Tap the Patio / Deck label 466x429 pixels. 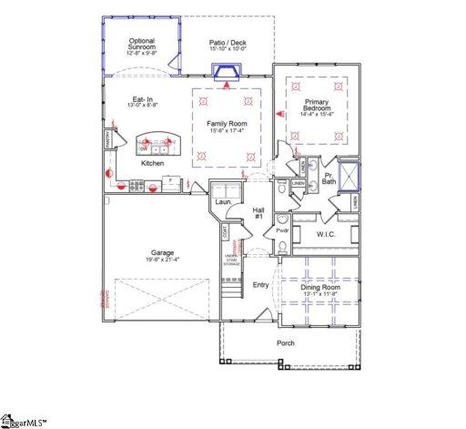228,44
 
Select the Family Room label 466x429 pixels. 228,128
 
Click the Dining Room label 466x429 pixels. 321,291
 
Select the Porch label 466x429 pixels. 287,342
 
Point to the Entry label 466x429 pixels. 261,285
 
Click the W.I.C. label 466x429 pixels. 326,235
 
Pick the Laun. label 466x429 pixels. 221,202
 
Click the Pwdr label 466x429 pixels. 282,231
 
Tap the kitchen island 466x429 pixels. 155,144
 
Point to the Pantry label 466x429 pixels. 107,140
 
